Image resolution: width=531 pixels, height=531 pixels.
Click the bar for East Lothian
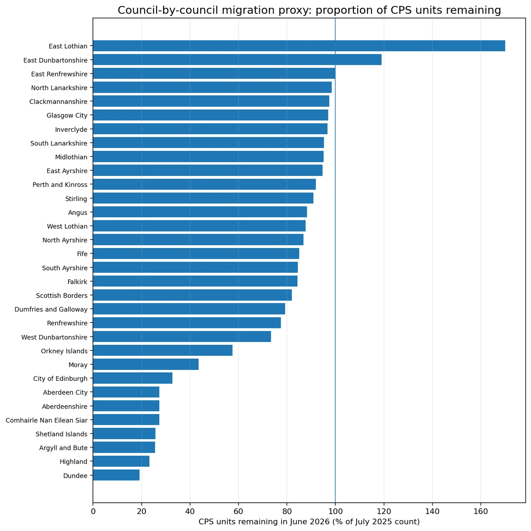point(299,46)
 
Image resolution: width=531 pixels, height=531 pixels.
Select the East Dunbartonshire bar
point(237,60)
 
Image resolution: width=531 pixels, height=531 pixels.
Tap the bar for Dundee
point(116,475)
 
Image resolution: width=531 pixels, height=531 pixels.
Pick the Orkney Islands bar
point(163,351)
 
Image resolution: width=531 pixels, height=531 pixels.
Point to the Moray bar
point(146,365)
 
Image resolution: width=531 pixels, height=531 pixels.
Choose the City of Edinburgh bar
point(133,378)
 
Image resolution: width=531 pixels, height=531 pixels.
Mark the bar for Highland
point(121,462)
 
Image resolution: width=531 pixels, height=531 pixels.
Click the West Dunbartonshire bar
point(182,337)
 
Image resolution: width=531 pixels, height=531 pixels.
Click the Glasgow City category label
point(67,115)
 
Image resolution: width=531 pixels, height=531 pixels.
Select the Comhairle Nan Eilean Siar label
point(47,420)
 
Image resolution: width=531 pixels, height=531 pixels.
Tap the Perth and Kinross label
point(60,184)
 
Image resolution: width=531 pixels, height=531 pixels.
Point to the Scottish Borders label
point(62,295)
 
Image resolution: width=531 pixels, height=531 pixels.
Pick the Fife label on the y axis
point(82,254)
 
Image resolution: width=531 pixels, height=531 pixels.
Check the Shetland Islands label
point(62,434)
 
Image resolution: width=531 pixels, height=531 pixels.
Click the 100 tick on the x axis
point(335,511)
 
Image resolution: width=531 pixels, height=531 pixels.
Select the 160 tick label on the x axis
point(481,511)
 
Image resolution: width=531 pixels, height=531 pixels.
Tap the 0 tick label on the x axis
point(93,511)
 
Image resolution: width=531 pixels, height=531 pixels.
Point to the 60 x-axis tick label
point(238,511)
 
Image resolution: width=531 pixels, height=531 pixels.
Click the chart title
point(309,10)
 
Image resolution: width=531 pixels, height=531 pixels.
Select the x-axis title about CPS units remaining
point(309,522)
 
